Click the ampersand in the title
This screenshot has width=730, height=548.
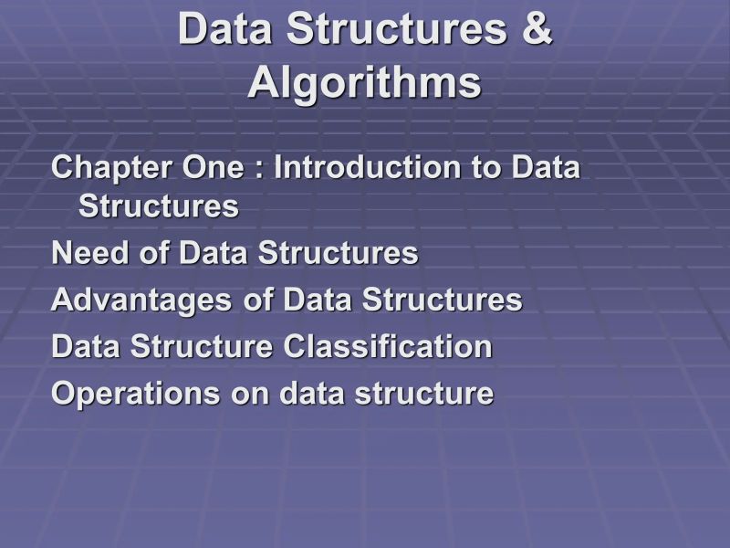(x=537, y=29)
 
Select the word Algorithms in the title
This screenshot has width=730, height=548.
(x=364, y=83)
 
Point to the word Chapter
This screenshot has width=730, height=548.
(x=103, y=169)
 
